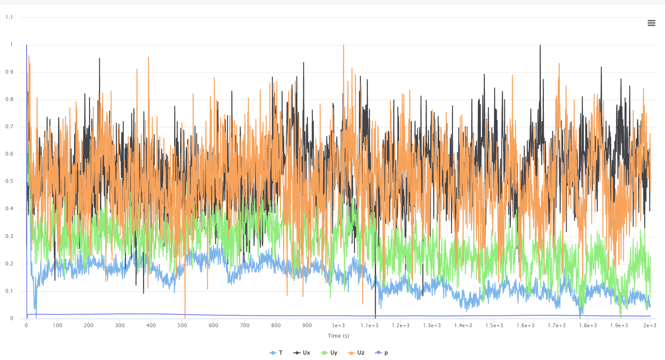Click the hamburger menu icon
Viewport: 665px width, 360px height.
[x=651, y=23]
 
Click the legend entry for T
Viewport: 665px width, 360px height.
[x=276, y=353]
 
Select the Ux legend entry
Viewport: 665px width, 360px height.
[x=302, y=353]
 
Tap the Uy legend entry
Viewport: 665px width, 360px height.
[x=329, y=353]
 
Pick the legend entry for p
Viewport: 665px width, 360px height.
[x=382, y=353]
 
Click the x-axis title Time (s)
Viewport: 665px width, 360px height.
[x=338, y=336]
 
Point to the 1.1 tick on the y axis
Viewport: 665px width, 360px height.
[x=9, y=17]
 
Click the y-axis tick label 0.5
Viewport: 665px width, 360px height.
[x=9, y=181]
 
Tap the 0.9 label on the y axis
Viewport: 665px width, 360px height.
[x=9, y=72]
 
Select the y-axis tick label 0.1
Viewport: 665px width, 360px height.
[x=9, y=291]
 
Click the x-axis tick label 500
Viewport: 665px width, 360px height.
[x=182, y=326]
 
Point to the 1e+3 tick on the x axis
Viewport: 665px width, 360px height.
[x=338, y=326]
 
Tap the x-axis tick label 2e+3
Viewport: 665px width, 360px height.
[x=650, y=326]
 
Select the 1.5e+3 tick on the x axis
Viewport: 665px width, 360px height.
[x=494, y=326]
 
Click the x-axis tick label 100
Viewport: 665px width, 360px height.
[x=58, y=326]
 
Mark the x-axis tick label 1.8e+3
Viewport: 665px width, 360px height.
[x=588, y=326]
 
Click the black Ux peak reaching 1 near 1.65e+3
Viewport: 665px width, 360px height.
[x=540, y=45]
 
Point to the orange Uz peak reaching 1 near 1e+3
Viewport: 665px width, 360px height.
[x=344, y=45]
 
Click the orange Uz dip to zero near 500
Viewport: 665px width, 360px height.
[x=185, y=317]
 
